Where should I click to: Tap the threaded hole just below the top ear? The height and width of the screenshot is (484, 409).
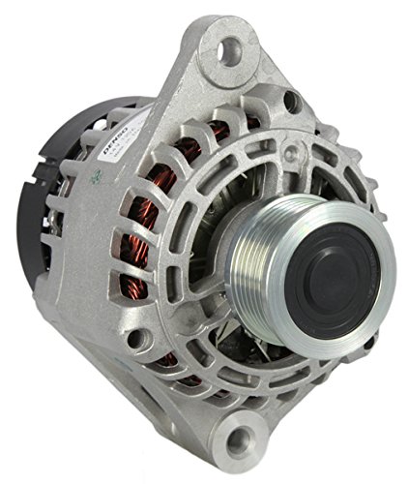[289, 99]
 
